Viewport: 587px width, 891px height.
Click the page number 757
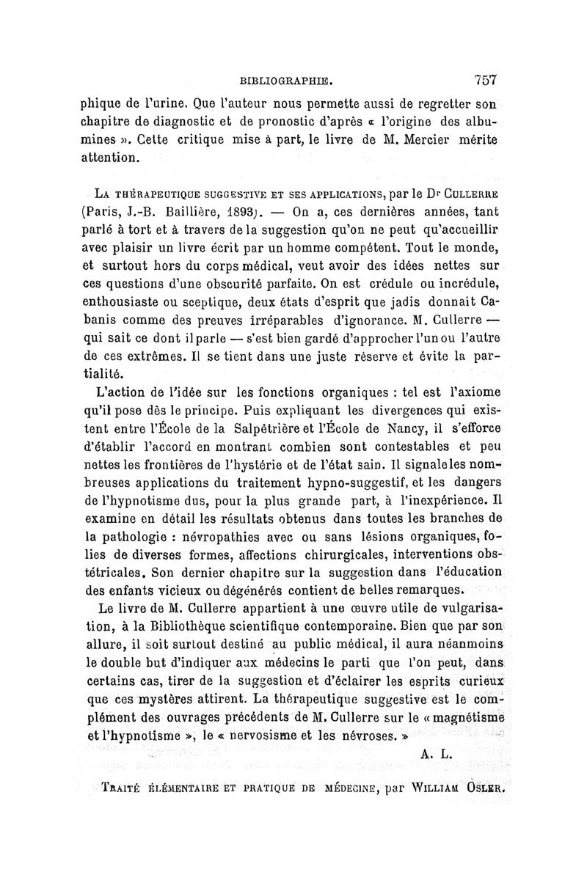486,81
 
